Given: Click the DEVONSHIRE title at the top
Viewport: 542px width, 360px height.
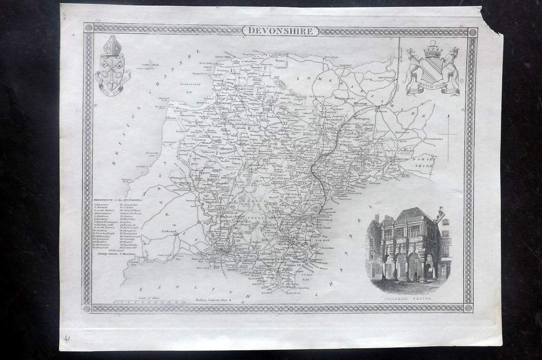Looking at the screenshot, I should (280, 31).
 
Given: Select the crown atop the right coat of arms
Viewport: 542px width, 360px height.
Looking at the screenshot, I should (433, 50).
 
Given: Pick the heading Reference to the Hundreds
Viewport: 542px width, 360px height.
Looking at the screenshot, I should (118, 200).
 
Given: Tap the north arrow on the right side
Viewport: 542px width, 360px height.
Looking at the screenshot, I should (448, 133).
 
